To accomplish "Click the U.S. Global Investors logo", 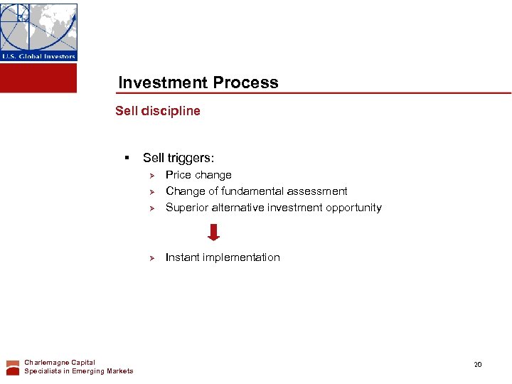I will point(38,32).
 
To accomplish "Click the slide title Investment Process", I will point(198,82).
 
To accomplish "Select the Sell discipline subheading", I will point(158,111).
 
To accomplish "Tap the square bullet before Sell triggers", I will point(126,158).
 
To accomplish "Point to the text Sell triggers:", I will point(178,158).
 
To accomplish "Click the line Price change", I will point(198,175).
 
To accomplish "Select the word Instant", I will point(183,257).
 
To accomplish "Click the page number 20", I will point(478,365).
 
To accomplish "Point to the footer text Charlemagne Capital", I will point(60,363).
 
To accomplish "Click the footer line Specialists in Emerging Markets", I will point(78,371).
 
